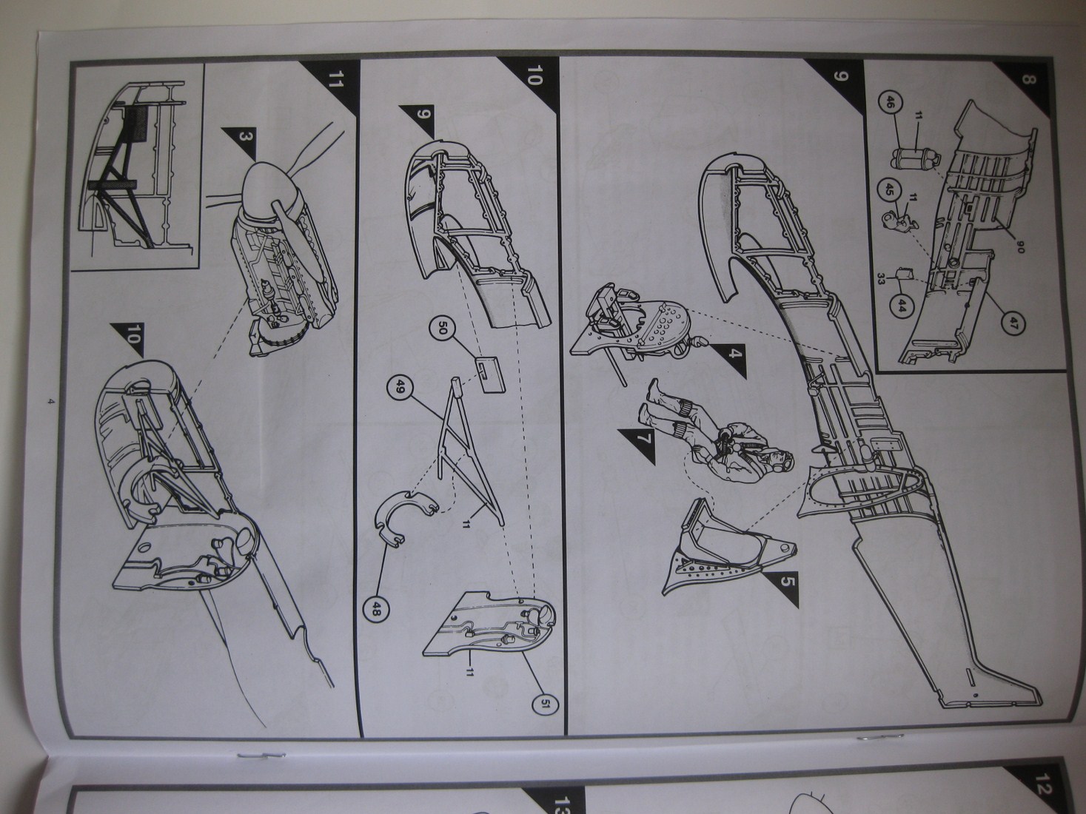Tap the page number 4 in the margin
click(50, 401)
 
